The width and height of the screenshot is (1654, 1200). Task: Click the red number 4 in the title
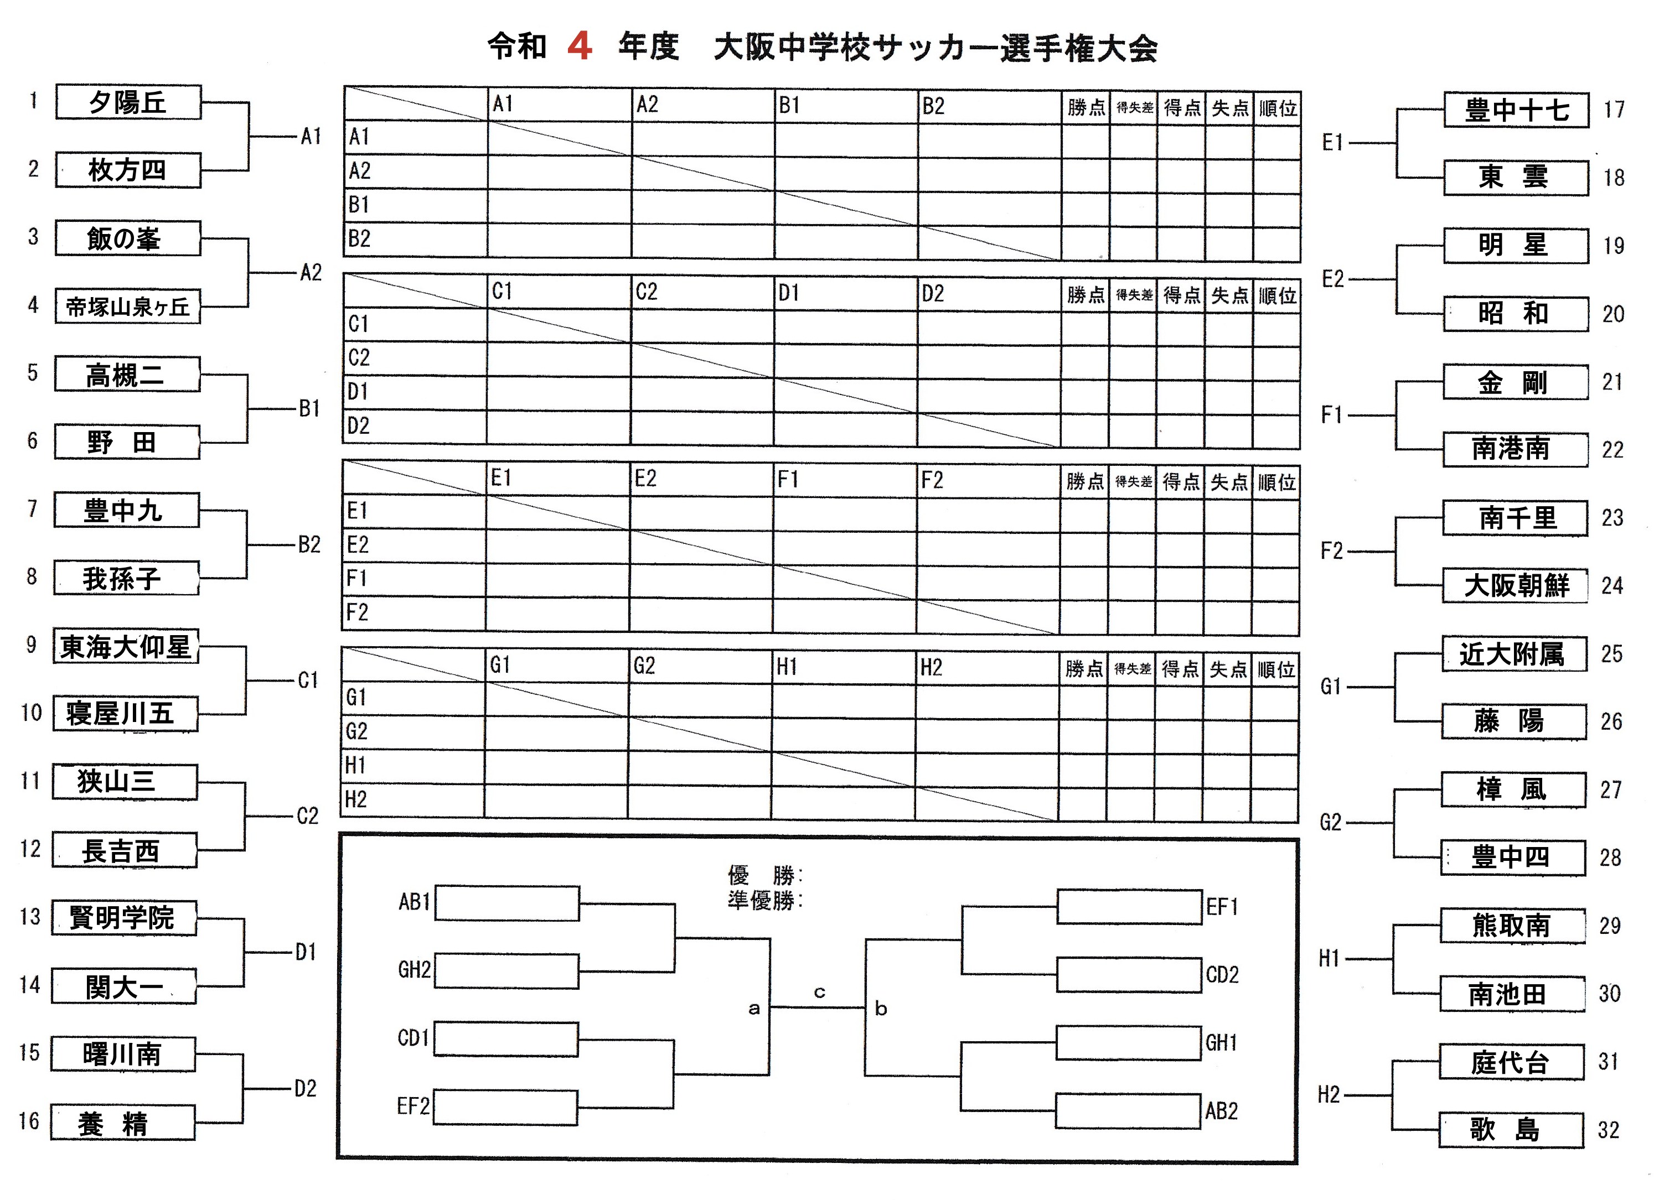click(x=579, y=46)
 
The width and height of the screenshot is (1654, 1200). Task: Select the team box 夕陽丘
click(x=128, y=102)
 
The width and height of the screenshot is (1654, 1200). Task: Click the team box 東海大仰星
click(x=126, y=647)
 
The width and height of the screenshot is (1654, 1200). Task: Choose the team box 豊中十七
click(x=1516, y=111)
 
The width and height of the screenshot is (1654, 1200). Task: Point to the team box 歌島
click(x=1511, y=1130)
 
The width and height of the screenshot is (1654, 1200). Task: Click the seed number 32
click(x=1609, y=1130)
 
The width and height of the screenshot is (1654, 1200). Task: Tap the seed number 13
click(x=30, y=916)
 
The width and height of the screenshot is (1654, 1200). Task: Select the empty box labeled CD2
click(x=1129, y=975)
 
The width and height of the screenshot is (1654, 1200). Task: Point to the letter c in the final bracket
click(x=819, y=992)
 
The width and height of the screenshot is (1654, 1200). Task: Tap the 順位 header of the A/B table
click(x=1278, y=108)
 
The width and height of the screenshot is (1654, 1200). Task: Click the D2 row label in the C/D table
click(x=358, y=426)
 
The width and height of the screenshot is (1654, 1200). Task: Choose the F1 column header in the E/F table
click(x=788, y=480)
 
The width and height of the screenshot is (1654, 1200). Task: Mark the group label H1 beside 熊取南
click(x=1330, y=959)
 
